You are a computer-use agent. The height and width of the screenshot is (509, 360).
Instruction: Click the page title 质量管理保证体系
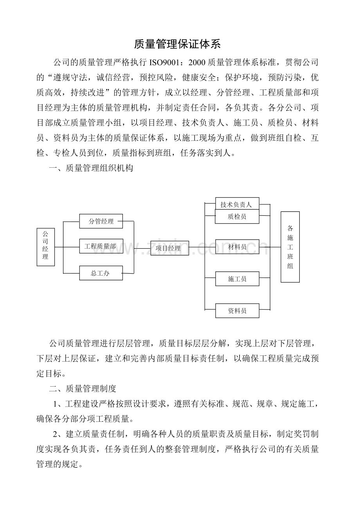click(x=177, y=44)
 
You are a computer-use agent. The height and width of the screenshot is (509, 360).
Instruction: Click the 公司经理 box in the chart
click(x=45, y=247)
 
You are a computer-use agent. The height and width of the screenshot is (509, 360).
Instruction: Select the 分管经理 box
click(x=101, y=221)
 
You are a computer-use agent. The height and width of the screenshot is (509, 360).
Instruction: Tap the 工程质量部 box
click(x=101, y=246)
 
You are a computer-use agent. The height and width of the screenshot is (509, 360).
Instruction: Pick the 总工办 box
click(x=101, y=273)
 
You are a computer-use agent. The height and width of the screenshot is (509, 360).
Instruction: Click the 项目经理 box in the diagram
click(x=169, y=248)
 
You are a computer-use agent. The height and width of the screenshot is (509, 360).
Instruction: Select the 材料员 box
click(x=237, y=247)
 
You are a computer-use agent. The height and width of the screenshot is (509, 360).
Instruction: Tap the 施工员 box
click(x=237, y=279)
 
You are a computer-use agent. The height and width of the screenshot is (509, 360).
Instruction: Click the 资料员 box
click(x=237, y=311)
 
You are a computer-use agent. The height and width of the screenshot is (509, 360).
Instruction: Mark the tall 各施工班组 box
click(x=290, y=247)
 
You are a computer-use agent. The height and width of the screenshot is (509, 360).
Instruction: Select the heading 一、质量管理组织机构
click(x=91, y=168)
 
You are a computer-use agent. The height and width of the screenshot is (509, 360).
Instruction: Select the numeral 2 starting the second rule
click(x=56, y=434)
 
